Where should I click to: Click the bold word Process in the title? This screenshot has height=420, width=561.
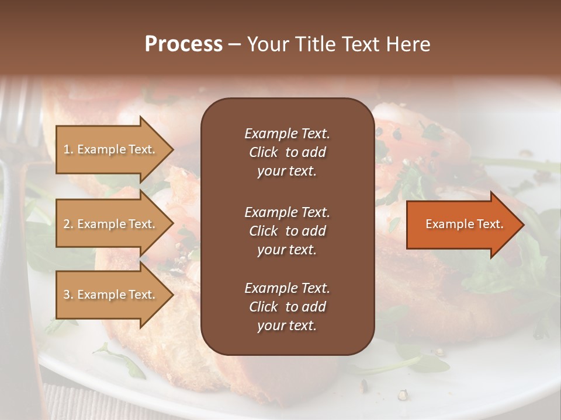183,44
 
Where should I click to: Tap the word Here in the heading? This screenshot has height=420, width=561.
408,44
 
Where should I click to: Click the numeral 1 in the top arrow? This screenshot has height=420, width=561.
66,149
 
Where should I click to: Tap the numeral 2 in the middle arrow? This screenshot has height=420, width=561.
67,224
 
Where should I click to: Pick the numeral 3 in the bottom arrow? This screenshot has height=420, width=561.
67,295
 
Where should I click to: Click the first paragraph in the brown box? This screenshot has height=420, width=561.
287,152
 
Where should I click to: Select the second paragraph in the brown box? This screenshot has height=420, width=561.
287,230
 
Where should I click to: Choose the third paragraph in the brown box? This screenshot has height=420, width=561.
287,306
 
